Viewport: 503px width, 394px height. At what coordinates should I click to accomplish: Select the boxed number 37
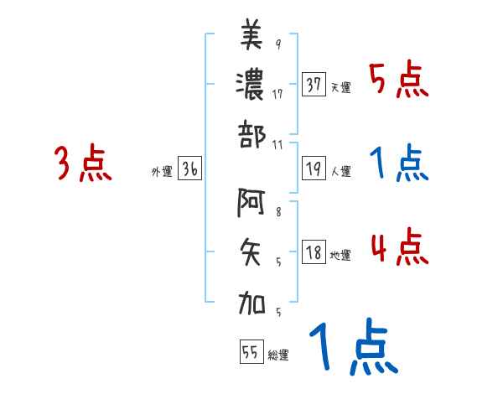click(314, 85)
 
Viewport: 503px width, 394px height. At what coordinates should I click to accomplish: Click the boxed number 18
click(314, 252)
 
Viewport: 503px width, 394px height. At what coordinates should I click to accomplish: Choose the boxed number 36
click(189, 169)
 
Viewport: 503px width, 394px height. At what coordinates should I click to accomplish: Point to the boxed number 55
click(251, 352)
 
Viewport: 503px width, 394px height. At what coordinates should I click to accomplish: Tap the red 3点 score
click(84, 163)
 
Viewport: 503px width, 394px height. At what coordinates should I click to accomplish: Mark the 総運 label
click(277, 355)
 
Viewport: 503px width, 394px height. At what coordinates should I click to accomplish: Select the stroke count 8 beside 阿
click(278, 213)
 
